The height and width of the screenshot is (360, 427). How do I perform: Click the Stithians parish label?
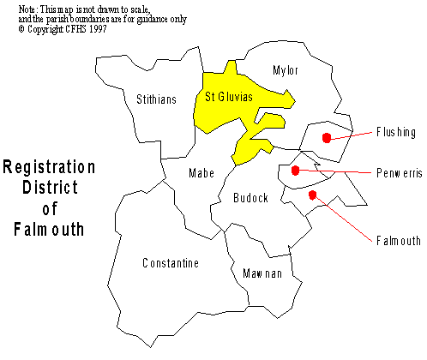pos(156,99)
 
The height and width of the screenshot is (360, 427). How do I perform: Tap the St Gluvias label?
pos(229,97)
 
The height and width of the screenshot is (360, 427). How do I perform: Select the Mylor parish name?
pos(286,70)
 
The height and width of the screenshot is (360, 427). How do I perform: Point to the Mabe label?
pos(201,173)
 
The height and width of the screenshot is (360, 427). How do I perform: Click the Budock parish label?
pos(250,198)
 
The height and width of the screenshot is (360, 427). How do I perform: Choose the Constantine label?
pos(171,263)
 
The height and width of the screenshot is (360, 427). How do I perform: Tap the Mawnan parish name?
pos(262,273)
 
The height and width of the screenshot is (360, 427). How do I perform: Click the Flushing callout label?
pos(396,132)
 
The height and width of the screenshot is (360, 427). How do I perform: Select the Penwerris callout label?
pos(400,173)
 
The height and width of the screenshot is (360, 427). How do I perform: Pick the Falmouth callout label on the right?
pos(399,241)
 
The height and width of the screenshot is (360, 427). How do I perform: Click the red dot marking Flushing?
pos(327,138)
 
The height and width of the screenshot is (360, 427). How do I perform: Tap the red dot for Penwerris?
pos(295,171)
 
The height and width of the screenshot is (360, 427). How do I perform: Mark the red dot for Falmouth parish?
pos(313,195)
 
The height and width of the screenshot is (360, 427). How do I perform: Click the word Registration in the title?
pos(49,167)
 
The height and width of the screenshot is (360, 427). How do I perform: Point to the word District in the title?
pos(50,188)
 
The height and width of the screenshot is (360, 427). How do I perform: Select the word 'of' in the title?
pos(50,208)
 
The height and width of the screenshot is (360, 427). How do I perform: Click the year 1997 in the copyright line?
pos(98,29)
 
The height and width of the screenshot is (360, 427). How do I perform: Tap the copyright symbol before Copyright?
pos(21,29)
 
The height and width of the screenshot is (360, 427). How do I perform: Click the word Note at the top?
pos(27,9)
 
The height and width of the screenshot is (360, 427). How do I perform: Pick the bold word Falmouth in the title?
pos(49,230)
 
